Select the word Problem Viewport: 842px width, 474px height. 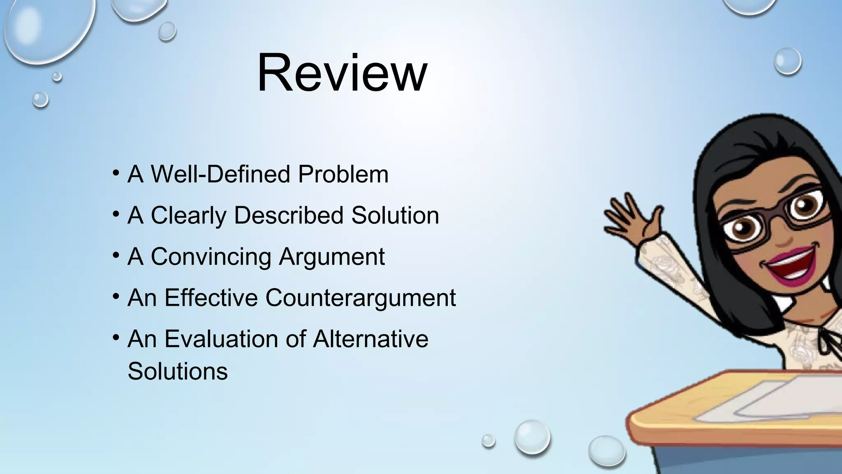pyautogui.click(x=343, y=174)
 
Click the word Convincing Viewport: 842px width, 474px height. pyautogui.click(x=210, y=256)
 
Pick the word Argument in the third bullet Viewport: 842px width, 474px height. pyautogui.click(x=331, y=256)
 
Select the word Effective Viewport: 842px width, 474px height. pyautogui.click(x=211, y=297)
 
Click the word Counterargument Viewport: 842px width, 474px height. pyautogui.click(x=360, y=297)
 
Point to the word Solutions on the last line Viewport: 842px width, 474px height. pyautogui.click(x=178, y=371)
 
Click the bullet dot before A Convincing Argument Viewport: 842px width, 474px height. pyautogui.click(x=116, y=255)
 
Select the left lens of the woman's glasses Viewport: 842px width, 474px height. pyautogui.click(x=742, y=228)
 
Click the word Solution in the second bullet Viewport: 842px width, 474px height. pyautogui.click(x=395, y=215)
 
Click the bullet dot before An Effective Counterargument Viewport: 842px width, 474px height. pyautogui.click(x=116, y=296)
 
